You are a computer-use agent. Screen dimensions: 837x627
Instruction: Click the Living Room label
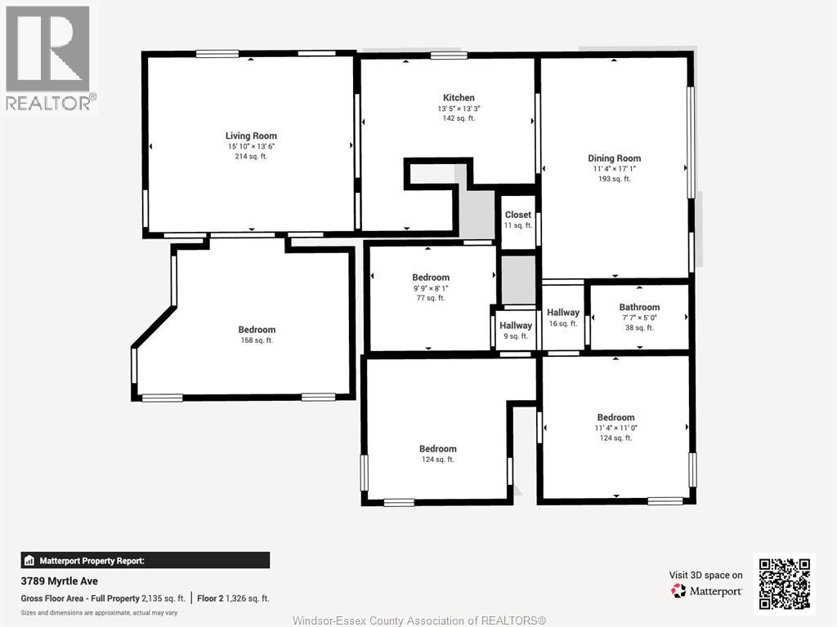pyautogui.click(x=251, y=136)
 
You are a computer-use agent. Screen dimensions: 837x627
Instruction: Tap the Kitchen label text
pyautogui.click(x=459, y=98)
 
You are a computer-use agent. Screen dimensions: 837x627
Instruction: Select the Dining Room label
pyautogui.click(x=615, y=158)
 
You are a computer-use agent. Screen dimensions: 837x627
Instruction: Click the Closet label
pyautogui.click(x=517, y=215)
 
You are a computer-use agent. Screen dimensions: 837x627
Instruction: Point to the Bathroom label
pyautogui.click(x=639, y=307)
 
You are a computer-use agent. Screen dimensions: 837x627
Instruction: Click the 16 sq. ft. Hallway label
pyautogui.click(x=563, y=313)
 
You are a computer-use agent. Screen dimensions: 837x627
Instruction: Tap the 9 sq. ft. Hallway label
pyautogui.click(x=516, y=325)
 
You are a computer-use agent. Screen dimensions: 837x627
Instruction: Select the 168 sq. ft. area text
pyautogui.click(x=257, y=340)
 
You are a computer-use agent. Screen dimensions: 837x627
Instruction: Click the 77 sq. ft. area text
pyautogui.click(x=430, y=298)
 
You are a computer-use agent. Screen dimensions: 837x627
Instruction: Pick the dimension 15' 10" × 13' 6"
pyautogui.click(x=251, y=147)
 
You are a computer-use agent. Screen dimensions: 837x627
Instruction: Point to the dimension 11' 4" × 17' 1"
pyautogui.click(x=615, y=169)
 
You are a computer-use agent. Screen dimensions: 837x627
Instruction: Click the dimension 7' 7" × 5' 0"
pyautogui.click(x=639, y=318)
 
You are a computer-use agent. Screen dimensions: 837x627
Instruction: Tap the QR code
pyautogui.click(x=784, y=585)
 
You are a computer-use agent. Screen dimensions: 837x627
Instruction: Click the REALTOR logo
pyautogui.click(x=48, y=58)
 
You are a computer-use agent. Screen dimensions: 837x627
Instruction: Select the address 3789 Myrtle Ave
pyautogui.click(x=59, y=581)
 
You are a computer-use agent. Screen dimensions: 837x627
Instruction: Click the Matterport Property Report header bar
pyautogui.click(x=145, y=560)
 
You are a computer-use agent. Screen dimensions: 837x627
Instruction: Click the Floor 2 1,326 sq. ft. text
pyautogui.click(x=233, y=598)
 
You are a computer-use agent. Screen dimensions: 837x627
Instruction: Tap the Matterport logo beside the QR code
pyautogui.click(x=706, y=591)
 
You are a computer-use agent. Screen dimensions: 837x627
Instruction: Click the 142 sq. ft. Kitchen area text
pyautogui.click(x=459, y=118)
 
